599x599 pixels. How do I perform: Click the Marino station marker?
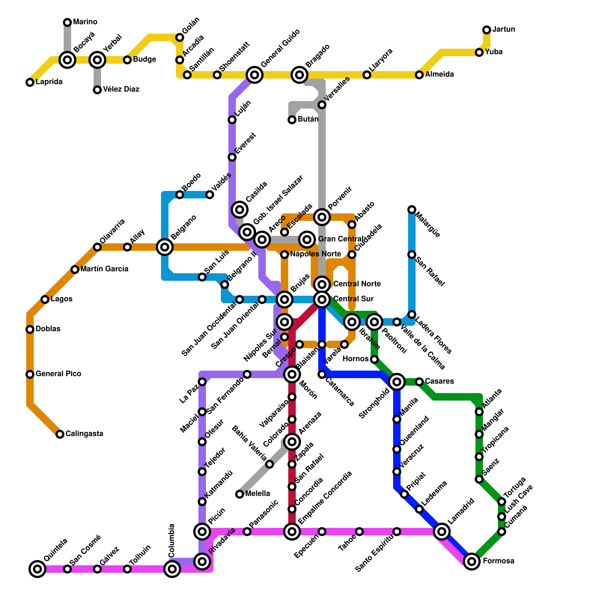pos(67,22)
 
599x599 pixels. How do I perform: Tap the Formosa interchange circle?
pos(472,561)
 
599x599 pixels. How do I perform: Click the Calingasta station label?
pos(84,434)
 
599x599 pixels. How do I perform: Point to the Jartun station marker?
pos(487,30)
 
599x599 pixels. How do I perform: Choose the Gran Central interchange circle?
pos(307,239)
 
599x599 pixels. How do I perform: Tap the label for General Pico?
pos(58,374)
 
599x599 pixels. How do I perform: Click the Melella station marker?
pos(240,494)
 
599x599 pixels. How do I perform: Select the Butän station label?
pos(308,119)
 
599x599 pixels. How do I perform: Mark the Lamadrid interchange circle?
pos(442,531)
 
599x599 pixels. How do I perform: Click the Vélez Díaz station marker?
pos(97,90)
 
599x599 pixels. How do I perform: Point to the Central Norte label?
pos(357,284)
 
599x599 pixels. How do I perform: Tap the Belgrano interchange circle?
pos(165,247)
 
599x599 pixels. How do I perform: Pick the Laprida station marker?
pos(30,82)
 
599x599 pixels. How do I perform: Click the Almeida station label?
pos(440,75)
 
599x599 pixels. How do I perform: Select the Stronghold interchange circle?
pos(397,381)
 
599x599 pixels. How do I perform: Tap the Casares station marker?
pos(419,382)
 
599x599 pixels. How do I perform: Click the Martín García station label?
pos(104,269)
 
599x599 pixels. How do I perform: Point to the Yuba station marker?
pos(479,52)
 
